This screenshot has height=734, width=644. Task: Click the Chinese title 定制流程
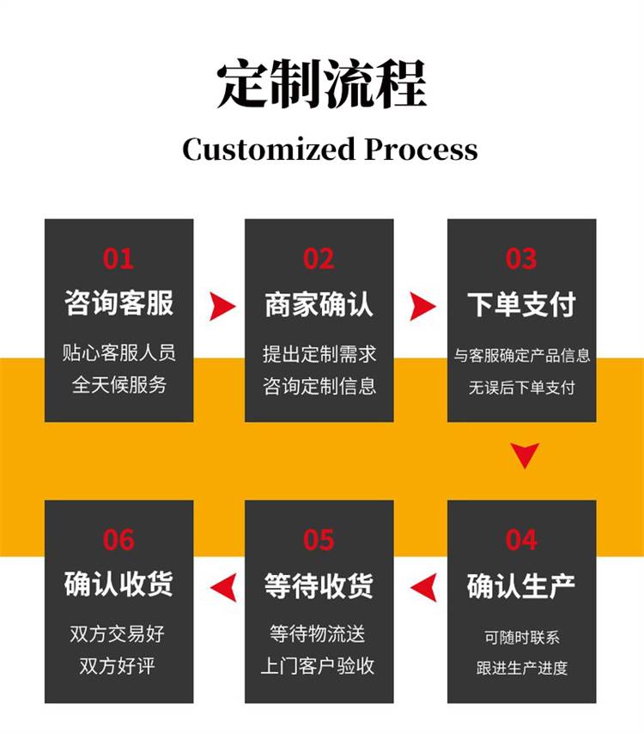pos(321,83)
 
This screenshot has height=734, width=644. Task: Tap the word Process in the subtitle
pos(421,150)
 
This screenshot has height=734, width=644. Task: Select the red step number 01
pos(118,258)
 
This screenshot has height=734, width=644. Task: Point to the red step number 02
pos(319,258)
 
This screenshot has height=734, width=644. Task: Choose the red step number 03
pos(521,258)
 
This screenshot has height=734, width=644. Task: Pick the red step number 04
pos(521,540)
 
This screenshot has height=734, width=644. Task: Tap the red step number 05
pos(319,540)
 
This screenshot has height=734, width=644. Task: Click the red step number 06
pos(118,540)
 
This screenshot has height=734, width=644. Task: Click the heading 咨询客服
pos(118,303)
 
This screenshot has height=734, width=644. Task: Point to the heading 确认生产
pos(521,586)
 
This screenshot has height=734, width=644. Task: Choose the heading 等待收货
pos(319,586)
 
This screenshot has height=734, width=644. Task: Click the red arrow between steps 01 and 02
pos(221,305)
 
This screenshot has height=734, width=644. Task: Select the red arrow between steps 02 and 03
pos(422,305)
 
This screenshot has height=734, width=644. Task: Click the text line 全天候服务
pos(118,384)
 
